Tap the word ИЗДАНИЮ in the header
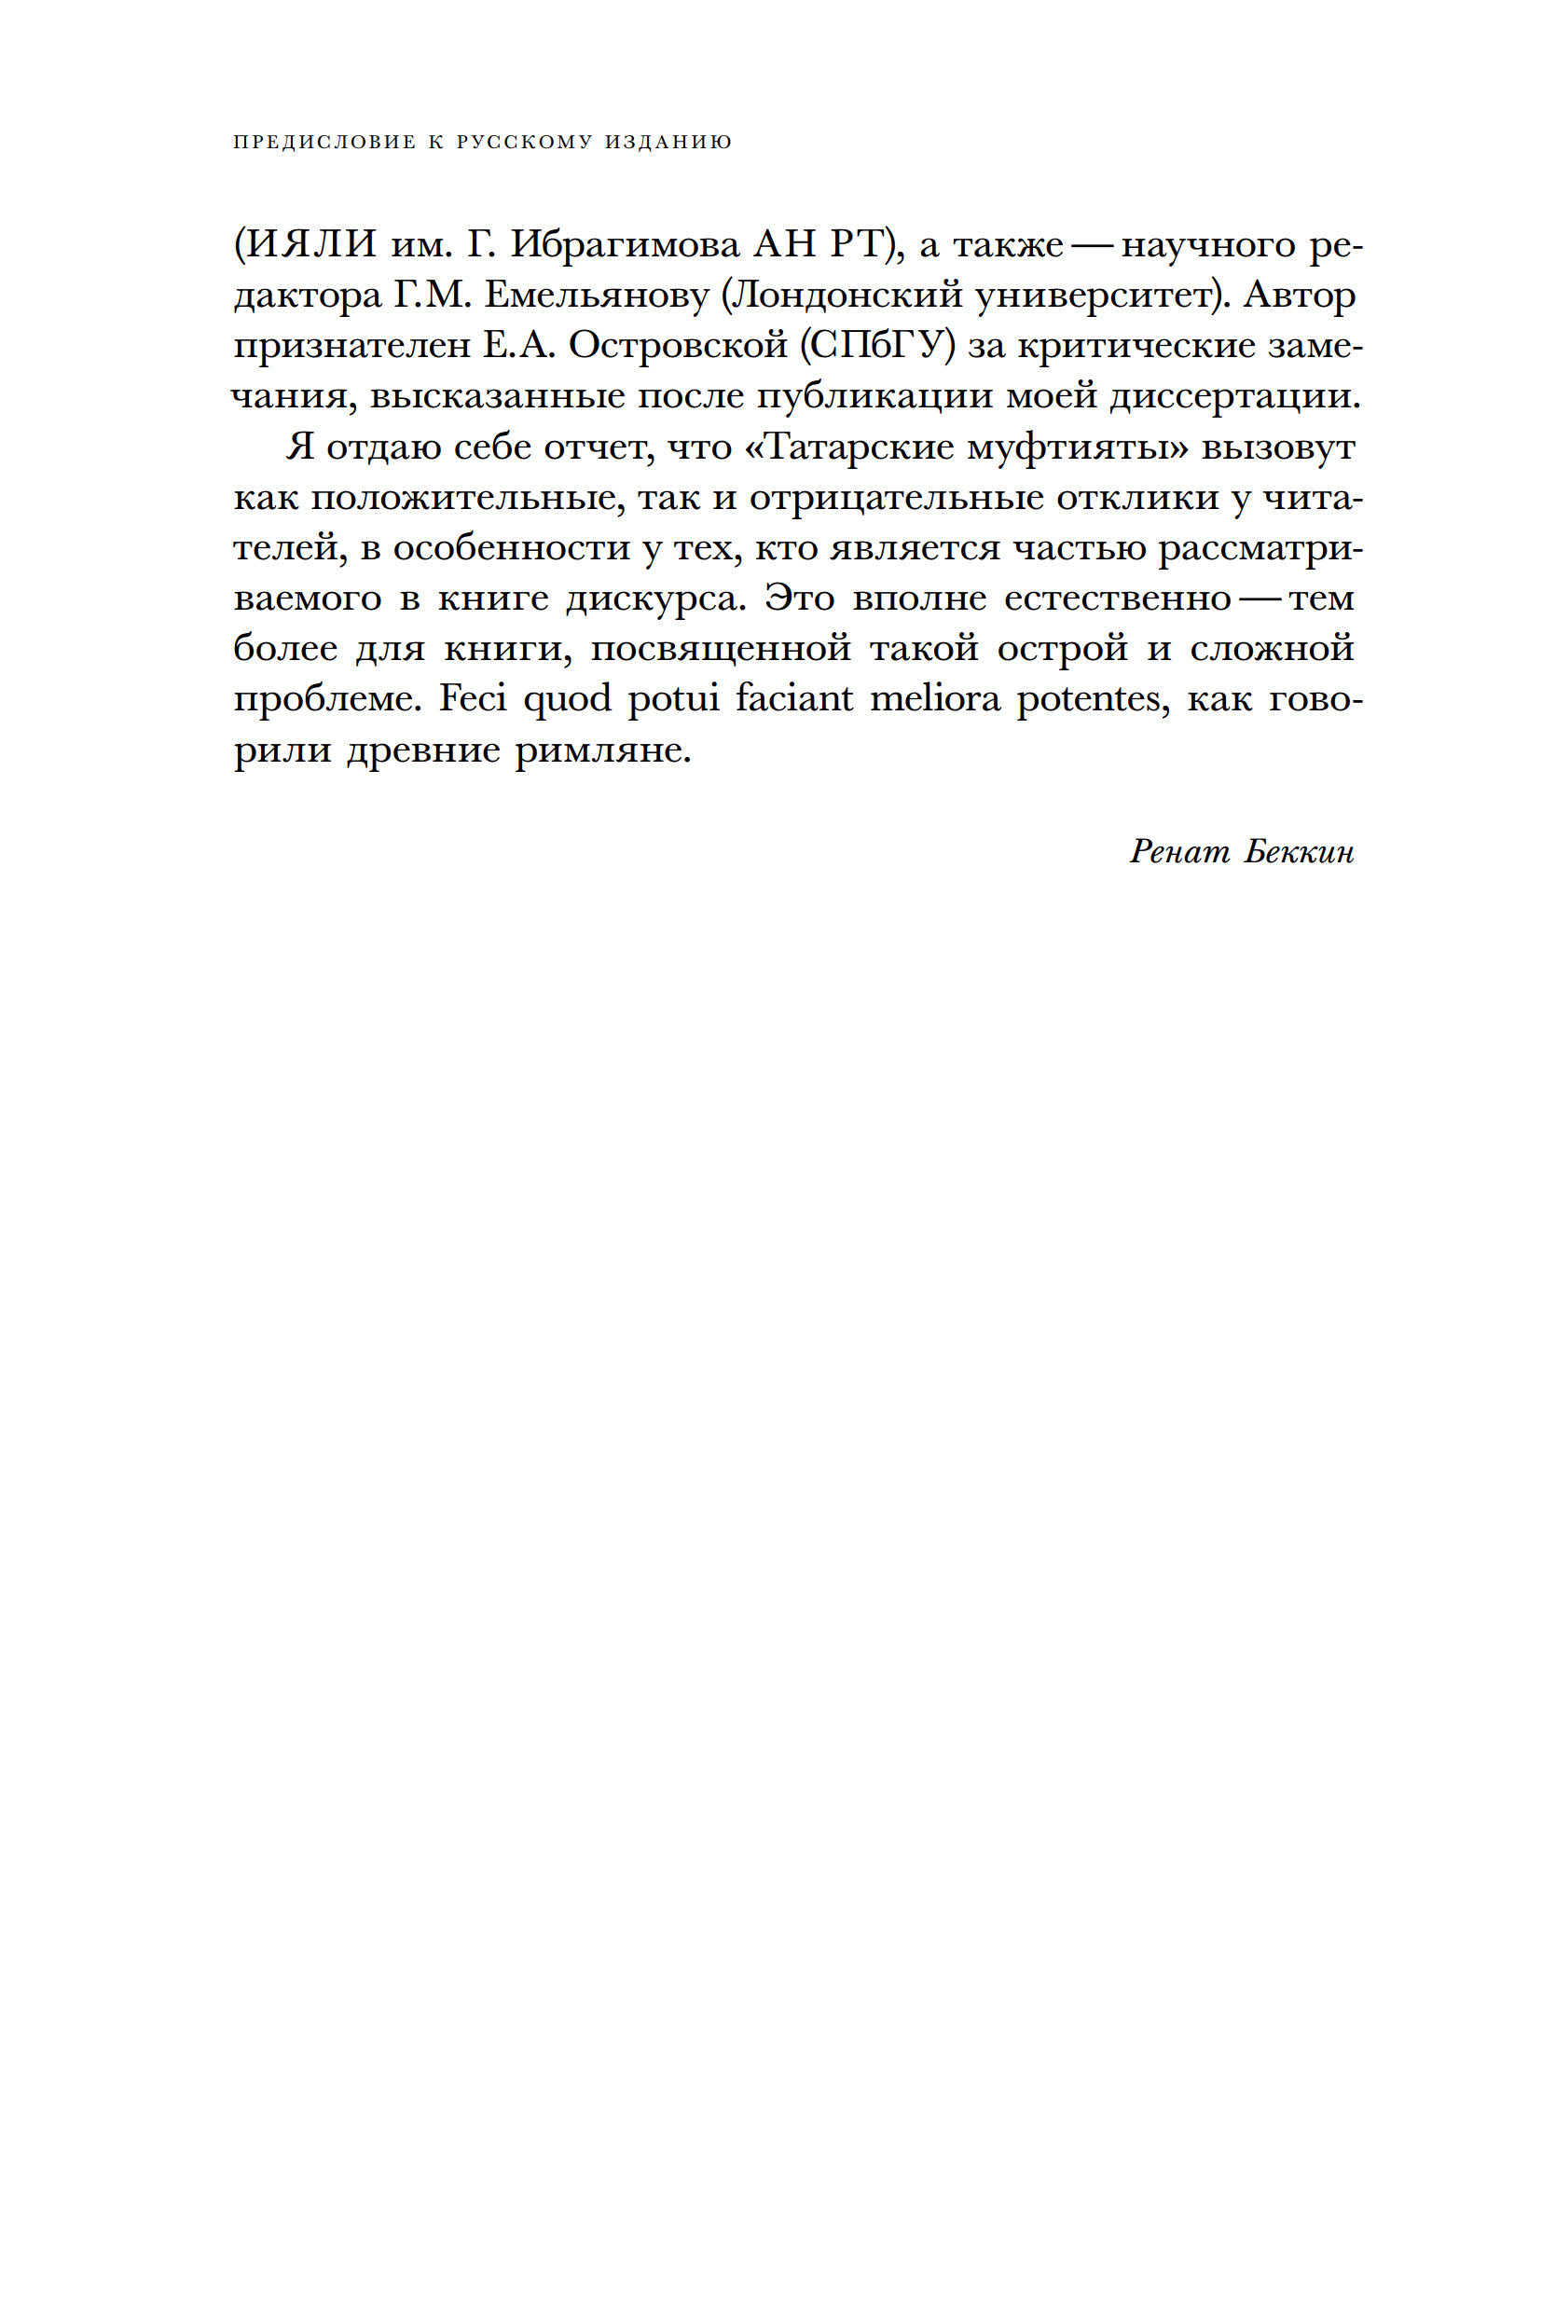click(668, 143)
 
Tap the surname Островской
click(679, 346)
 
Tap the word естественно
click(1117, 598)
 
